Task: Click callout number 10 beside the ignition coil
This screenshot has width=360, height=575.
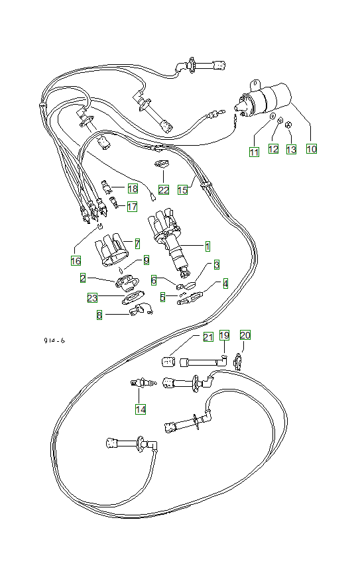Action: (x=312, y=149)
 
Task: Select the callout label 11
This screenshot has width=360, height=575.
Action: (x=254, y=152)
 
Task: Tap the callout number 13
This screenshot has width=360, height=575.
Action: (x=291, y=150)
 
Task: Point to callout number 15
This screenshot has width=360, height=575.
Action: (x=182, y=189)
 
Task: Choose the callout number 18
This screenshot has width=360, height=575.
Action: (x=133, y=189)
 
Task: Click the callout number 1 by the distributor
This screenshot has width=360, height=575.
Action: (x=208, y=246)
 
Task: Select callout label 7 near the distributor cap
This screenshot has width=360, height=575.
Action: (x=137, y=243)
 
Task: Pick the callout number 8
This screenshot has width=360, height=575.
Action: (x=99, y=315)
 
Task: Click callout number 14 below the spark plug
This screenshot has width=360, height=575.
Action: (x=141, y=409)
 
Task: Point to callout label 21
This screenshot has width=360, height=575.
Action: (x=208, y=337)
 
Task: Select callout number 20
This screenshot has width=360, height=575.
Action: (x=245, y=335)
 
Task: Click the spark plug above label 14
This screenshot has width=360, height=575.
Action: (x=141, y=383)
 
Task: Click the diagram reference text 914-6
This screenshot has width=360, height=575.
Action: (x=54, y=341)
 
